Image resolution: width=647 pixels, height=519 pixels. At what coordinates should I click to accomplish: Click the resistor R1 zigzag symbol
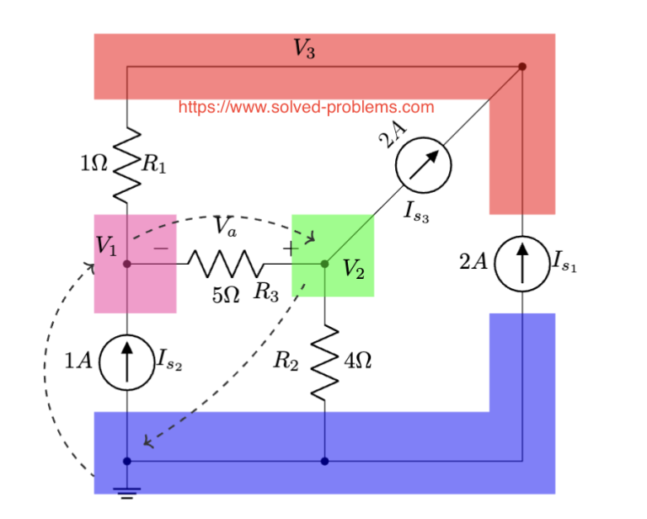[x=126, y=165]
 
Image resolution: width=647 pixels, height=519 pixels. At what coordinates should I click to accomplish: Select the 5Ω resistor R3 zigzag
[x=226, y=264]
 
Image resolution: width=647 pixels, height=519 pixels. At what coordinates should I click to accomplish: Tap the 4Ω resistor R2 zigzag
[x=324, y=363]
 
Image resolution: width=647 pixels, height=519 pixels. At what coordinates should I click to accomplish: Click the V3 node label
[x=304, y=50]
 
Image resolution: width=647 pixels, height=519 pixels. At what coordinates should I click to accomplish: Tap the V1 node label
[x=107, y=246]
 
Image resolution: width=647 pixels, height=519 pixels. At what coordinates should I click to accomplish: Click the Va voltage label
[x=225, y=226]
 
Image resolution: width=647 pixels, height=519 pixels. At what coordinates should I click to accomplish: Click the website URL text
[x=307, y=107]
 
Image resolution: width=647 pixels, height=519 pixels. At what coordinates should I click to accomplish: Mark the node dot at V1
[x=126, y=264]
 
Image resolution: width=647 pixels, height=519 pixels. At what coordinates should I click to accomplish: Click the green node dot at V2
[x=324, y=264]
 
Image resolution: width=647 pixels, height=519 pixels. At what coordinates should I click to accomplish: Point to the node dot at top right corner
[x=522, y=66]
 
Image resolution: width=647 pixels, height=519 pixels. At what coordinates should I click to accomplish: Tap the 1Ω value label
[x=94, y=164]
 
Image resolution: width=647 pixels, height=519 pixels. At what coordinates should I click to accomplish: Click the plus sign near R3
[x=289, y=249]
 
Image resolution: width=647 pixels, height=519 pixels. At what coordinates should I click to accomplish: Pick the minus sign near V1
[x=160, y=249]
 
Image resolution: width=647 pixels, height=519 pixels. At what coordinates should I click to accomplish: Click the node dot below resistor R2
[x=324, y=461]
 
